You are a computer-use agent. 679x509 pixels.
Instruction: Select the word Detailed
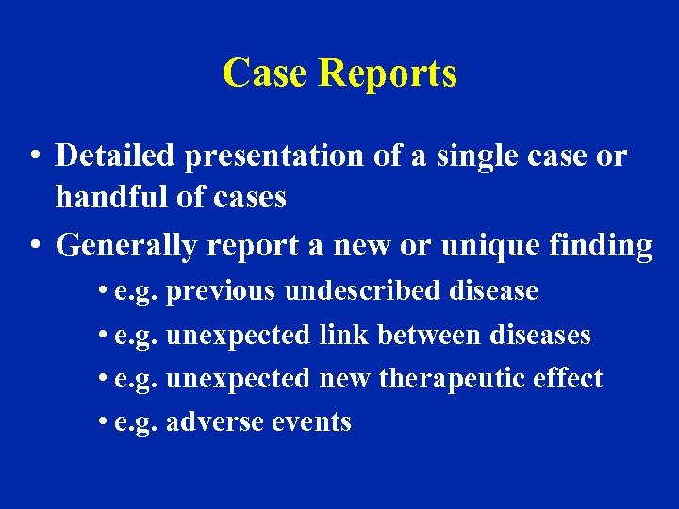[x=116, y=156]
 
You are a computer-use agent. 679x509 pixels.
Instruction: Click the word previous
[x=221, y=291]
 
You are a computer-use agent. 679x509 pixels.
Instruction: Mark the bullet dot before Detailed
[x=33, y=156]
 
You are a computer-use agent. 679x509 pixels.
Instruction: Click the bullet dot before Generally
[x=33, y=246]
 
